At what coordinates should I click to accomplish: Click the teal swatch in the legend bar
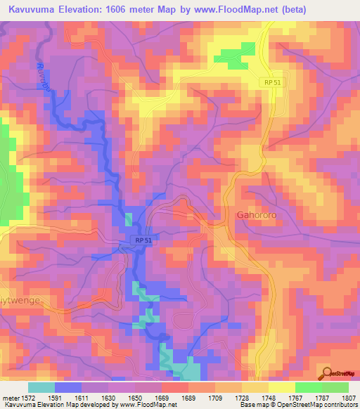pos(41,387)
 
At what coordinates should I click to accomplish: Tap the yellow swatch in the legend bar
pos(281,387)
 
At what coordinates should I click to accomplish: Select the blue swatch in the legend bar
pos(68,387)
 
